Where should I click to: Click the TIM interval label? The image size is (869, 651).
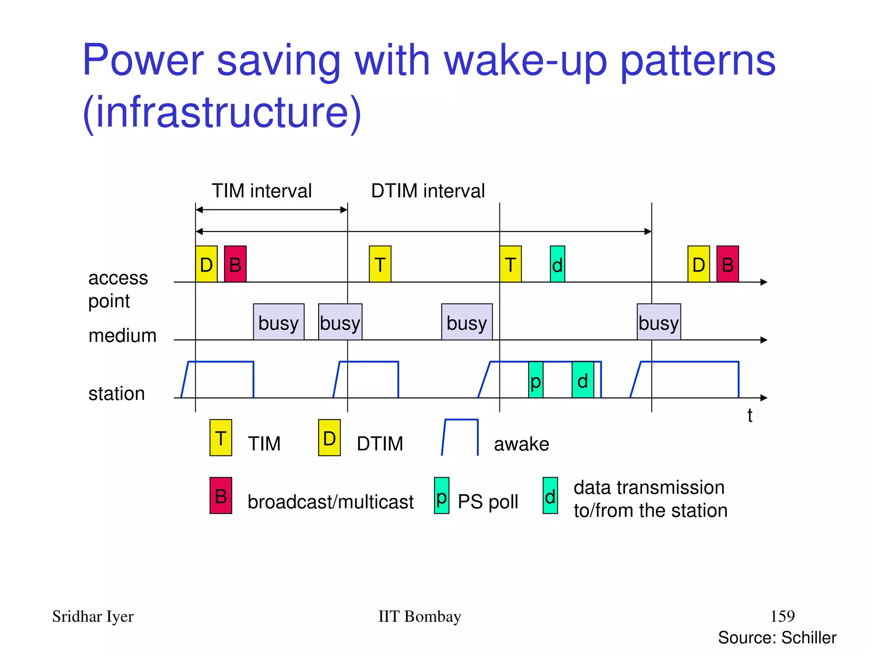(x=262, y=191)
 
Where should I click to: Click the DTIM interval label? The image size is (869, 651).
(x=428, y=191)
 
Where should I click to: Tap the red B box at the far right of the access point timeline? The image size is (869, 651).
(x=727, y=264)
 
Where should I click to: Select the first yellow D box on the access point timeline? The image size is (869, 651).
(x=206, y=264)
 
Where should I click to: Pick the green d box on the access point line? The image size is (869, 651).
(x=557, y=264)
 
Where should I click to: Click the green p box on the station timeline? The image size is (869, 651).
(x=535, y=380)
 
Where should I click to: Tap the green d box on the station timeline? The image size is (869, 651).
(x=583, y=380)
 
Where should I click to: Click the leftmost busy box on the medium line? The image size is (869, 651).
(x=278, y=322)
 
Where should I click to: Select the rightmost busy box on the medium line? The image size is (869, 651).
(x=659, y=322)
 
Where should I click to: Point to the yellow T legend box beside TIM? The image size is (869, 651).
(x=221, y=437)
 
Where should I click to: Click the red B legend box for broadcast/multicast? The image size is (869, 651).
(x=221, y=495)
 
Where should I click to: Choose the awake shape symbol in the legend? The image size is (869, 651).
(x=460, y=437)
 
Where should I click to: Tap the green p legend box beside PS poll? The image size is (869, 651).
(x=441, y=495)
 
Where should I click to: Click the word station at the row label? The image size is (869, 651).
(x=117, y=394)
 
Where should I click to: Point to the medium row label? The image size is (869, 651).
(x=122, y=336)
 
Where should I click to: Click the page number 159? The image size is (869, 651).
(x=782, y=616)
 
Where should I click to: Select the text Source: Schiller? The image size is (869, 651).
(x=777, y=637)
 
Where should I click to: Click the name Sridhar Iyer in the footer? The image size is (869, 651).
(x=93, y=616)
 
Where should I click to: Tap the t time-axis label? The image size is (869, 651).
(x=750, y=415)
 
